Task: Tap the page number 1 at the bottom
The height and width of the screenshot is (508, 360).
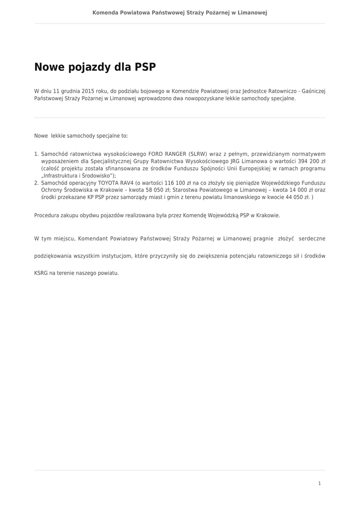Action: [x=319, y=483]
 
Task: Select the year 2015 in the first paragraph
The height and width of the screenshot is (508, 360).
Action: [x=88, y=91]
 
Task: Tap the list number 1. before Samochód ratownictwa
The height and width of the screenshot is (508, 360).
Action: [x=36, y=154]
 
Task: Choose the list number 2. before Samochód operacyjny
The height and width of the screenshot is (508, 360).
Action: [x=36, y=183]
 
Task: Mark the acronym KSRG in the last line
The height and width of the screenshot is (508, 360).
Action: [x=41, y=273]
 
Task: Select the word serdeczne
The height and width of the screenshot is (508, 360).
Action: [x=312, y=239]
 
